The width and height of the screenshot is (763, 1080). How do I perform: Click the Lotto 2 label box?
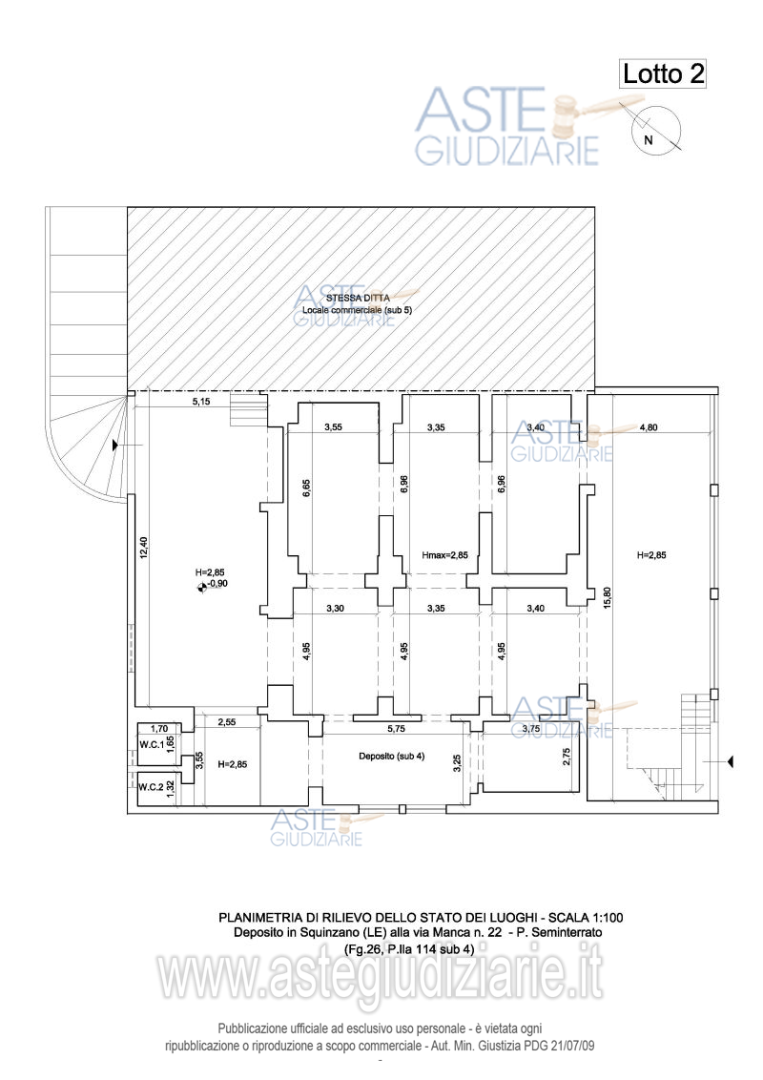pyautogui.click(x=663, y=73)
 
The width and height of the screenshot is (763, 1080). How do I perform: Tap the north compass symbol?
pyautogui.click(x=654, y=128)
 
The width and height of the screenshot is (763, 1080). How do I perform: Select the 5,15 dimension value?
pyautogui.click(x=201, y=403)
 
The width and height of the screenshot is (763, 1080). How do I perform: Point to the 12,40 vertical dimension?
pyautogui.click(x=142, y=549)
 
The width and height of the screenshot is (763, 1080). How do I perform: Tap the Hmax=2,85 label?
pyautogui.click(x=444, y=554)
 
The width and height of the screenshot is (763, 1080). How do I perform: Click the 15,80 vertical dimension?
pyautogui.click(x=607, y=596)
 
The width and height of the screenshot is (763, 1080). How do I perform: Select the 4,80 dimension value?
pyautogui.click(x=649, y=427)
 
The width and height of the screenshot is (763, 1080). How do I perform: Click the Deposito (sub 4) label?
pyautogui.click(x=392, y=757)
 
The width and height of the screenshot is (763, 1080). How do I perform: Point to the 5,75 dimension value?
pyautogui.click(x=397, y=728)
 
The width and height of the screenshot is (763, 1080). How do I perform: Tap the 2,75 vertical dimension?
pyautogui.click(x=567, y=756)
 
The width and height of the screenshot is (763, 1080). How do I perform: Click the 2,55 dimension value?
pyautogui.click(x=227, y=722)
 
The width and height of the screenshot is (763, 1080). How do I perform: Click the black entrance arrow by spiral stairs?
pyautogui.click(x=115, y=447)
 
